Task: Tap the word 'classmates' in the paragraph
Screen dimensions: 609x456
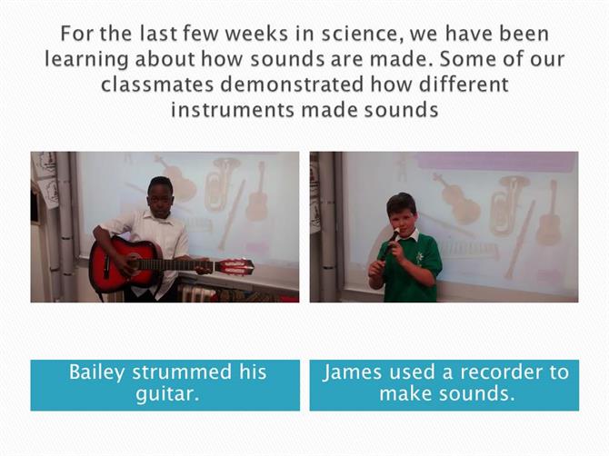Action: click(157, 84)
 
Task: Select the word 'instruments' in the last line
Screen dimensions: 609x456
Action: click(233, 110)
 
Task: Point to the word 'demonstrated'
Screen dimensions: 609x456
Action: click(292, 84)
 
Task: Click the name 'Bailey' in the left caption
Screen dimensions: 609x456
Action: click(97, 372)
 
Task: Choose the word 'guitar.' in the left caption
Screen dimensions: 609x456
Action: click(167, 394)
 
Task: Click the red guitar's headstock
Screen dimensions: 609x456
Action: click(235, 267)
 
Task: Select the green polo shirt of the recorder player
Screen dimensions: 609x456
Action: click(411, 268)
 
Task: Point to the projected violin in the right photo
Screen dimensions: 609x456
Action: click(456, 199)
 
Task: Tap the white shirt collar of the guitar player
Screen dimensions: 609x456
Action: click(159, 216)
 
